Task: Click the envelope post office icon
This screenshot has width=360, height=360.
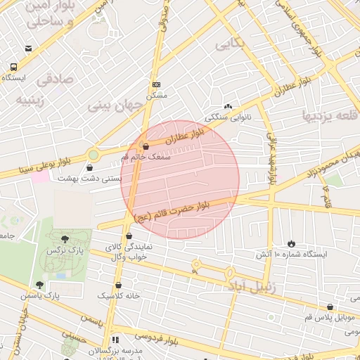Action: [x=28, y=49]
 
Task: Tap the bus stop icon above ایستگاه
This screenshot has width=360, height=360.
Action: [x=13, y=67]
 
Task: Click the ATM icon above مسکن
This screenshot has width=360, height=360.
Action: [x=155, y=84]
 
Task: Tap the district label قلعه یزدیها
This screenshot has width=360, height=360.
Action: [x=330, y=115]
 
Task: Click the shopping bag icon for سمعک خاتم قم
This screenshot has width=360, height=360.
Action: [x=146, y=147]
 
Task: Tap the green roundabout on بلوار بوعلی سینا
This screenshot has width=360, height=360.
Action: [x=93, y=154]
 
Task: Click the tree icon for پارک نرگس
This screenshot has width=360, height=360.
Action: [x=65, y=240]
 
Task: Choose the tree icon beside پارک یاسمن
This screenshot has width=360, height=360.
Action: [x=39, y=285]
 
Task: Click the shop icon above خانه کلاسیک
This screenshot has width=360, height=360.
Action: [x=118, y=285]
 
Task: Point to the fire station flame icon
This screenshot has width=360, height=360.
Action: [x=290, y=243]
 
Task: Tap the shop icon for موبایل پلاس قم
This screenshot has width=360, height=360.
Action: [x=330, y=307]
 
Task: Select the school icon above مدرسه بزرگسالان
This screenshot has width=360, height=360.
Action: [x=115, y=340]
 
